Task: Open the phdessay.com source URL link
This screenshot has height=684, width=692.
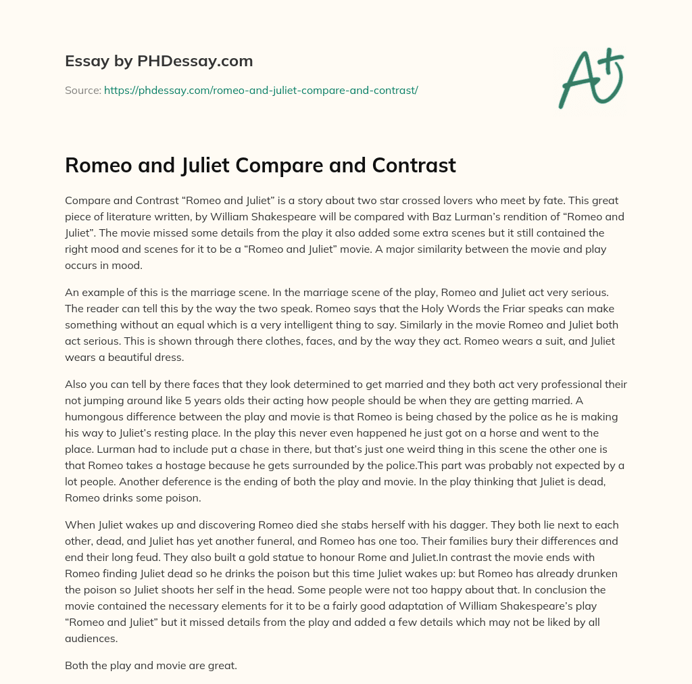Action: (261, 90)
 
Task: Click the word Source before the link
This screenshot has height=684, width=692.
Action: (82, 90)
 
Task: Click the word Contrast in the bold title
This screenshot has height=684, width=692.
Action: (410, 166)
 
